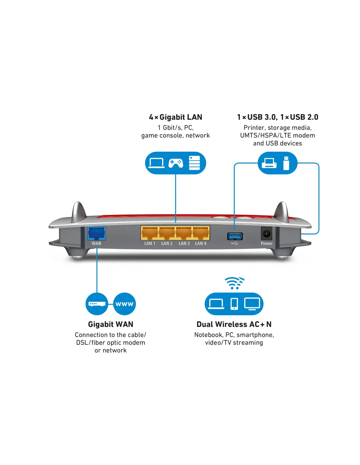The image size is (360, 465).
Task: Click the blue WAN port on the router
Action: (97, 233)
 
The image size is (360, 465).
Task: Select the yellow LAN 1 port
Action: (150, 233)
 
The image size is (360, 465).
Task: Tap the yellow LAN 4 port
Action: (201, 233)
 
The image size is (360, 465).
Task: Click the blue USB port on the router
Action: (235, 236)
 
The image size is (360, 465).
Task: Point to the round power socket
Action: (266, 234)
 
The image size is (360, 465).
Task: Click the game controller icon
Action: (176, 163)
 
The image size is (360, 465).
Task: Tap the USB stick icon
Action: (286, 163)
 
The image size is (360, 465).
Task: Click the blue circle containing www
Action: (124, 304)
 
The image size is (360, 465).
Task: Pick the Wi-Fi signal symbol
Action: (234, 283)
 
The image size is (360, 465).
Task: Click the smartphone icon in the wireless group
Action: (234, 304)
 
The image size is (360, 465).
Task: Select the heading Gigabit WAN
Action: (111, 324)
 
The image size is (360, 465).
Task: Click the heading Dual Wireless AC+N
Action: (234, 324)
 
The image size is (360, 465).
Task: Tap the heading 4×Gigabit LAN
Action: (175, 117)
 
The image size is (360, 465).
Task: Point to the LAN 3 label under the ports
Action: (184, 244)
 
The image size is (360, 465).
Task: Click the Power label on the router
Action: (267, 244)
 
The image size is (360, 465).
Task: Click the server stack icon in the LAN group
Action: (194, 163)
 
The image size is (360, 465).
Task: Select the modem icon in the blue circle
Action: (97, 304)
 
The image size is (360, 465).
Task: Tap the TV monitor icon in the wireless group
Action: (252, 304)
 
